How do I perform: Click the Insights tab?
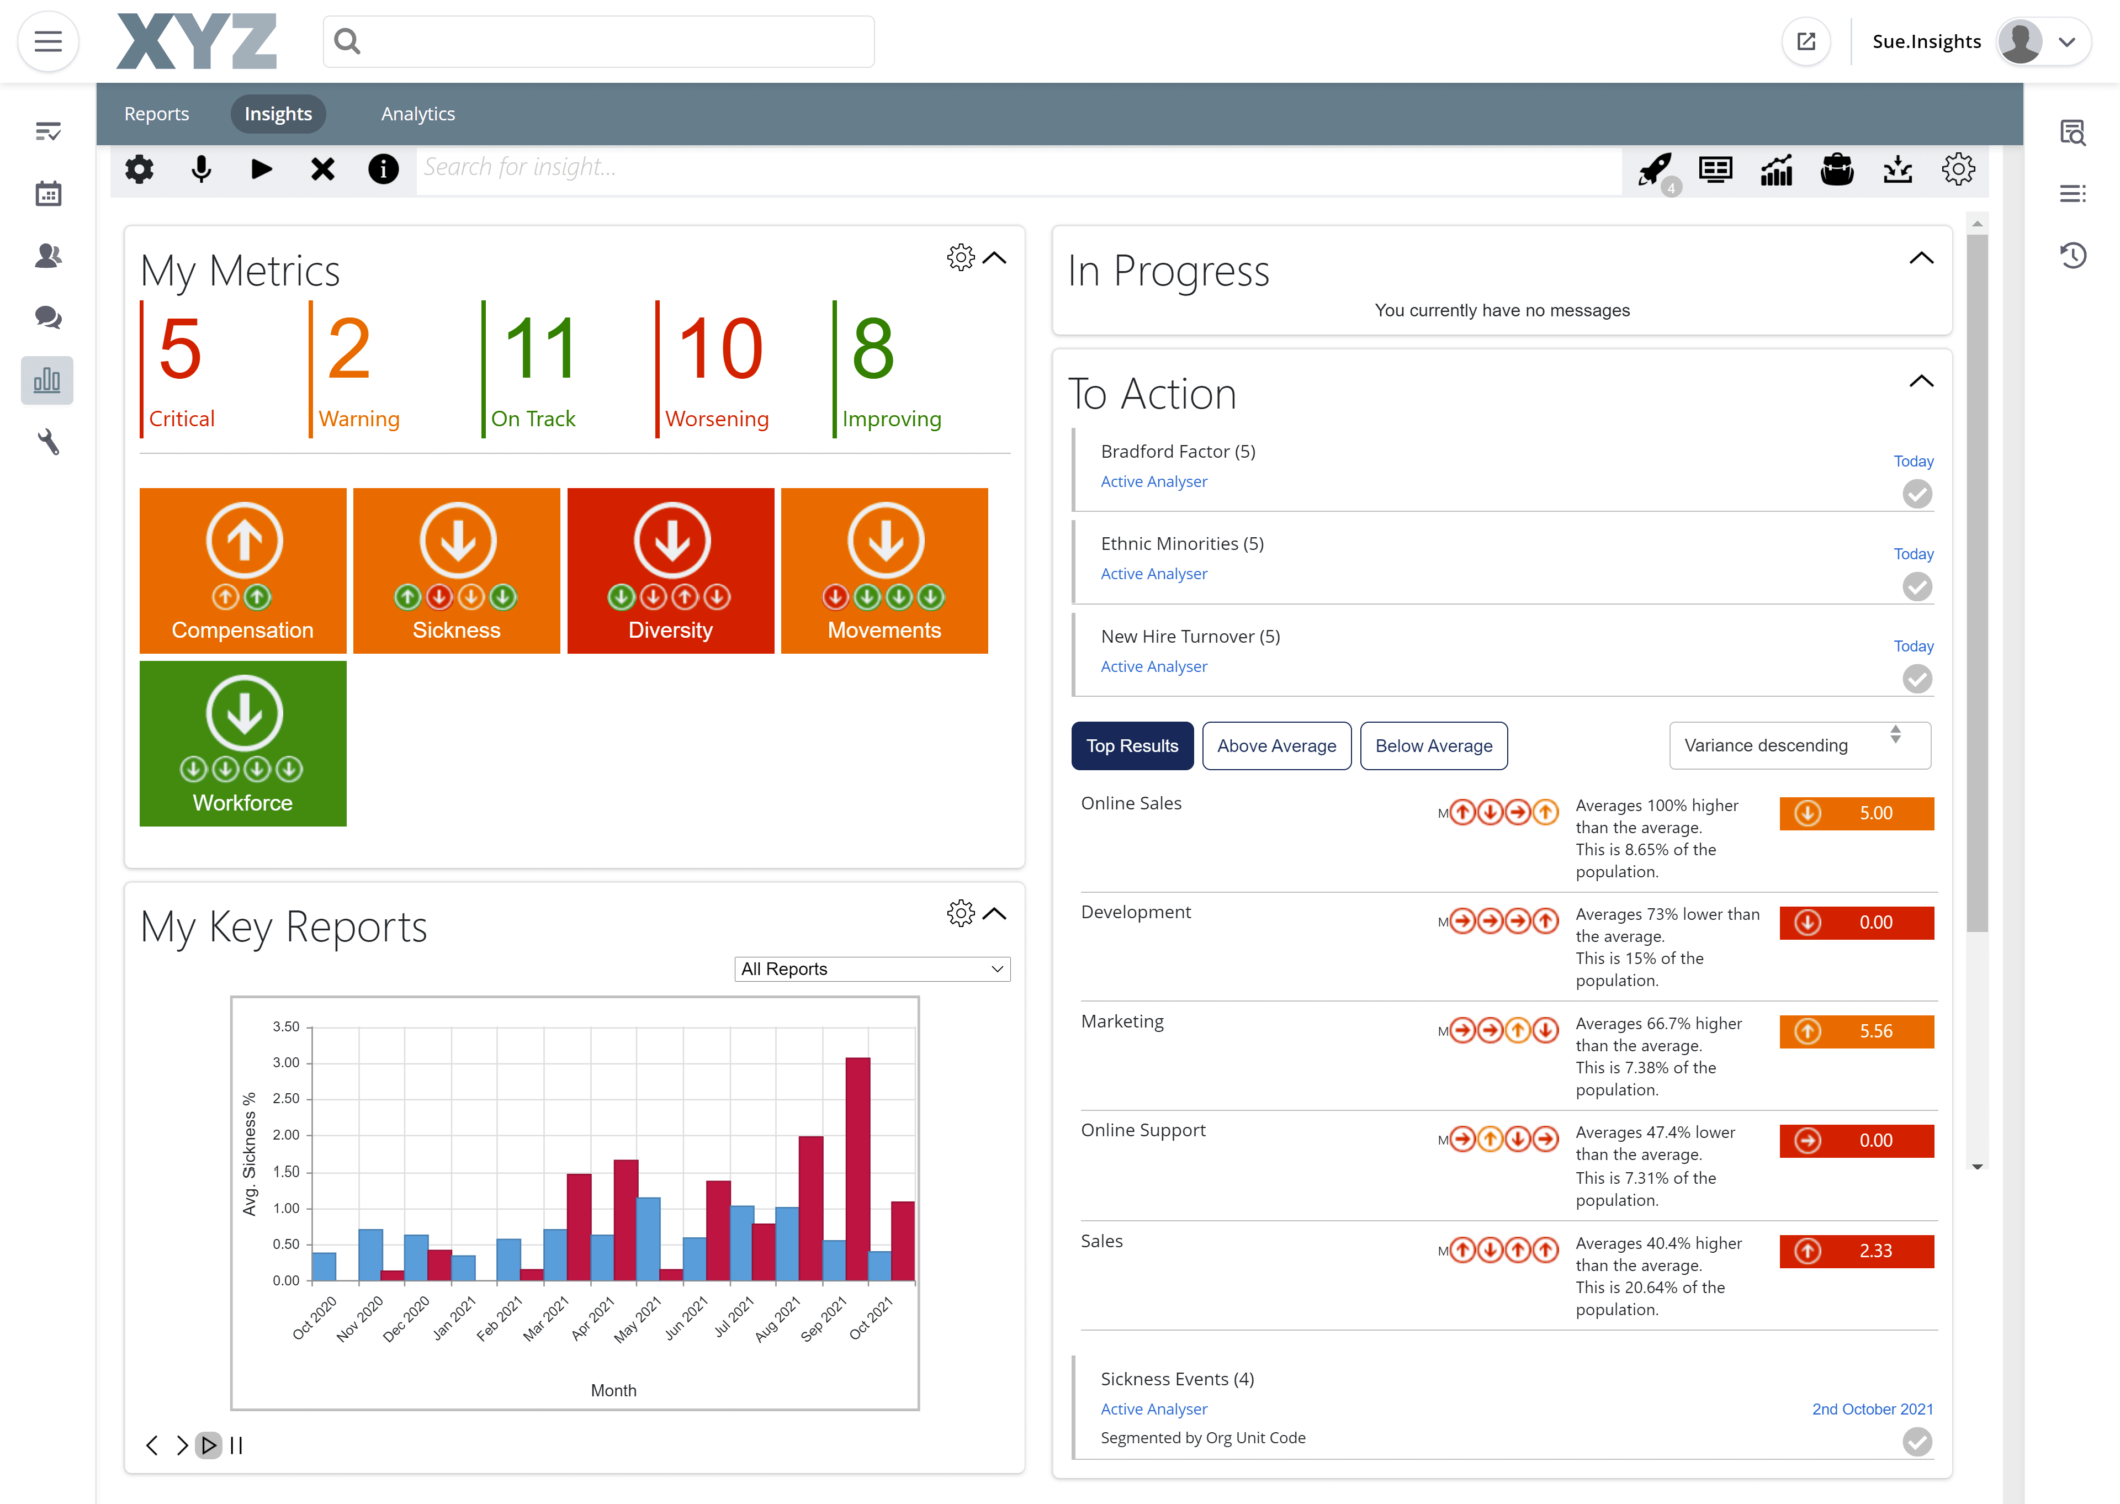tap(278, 114)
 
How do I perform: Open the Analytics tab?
tap(417, 114)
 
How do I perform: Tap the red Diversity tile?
tap(670, 570)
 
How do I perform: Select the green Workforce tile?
tap(242, 743)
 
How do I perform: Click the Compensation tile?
tap(242, 570)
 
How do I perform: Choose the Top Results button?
tap(1131, 745)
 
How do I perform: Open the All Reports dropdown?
tap(871, 968)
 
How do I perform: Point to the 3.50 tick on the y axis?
tap(286, 1026)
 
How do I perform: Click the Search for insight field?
tap(1019, 168)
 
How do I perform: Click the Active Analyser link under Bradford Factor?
tap(1153, 481)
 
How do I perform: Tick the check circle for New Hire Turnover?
tap(1916, 679)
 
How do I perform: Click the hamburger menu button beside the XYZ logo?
tap(48, 41)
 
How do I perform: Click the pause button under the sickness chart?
tap(236, 1445)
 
